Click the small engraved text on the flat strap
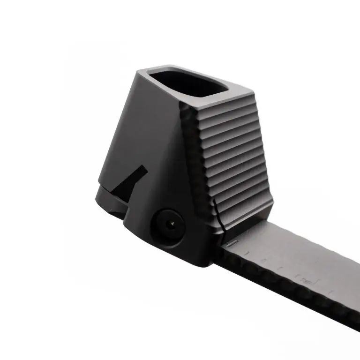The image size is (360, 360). point(306,281)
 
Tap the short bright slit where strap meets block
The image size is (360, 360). point(230,244)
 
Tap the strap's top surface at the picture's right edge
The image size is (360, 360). point(349,277)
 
